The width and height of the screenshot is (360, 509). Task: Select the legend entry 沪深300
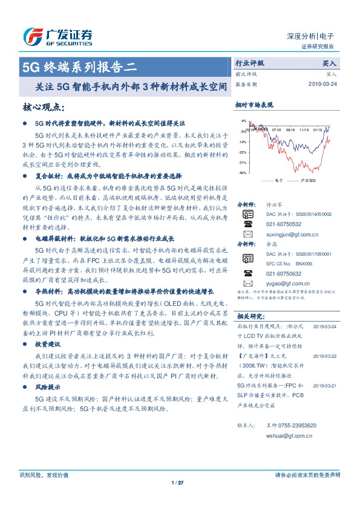click(x=307, y=181)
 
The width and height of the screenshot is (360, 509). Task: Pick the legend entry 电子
click(x=278, y=181)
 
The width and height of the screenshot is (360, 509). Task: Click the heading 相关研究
click(x=249, y=316)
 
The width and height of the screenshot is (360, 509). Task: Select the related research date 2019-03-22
click(x=326, y=357)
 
